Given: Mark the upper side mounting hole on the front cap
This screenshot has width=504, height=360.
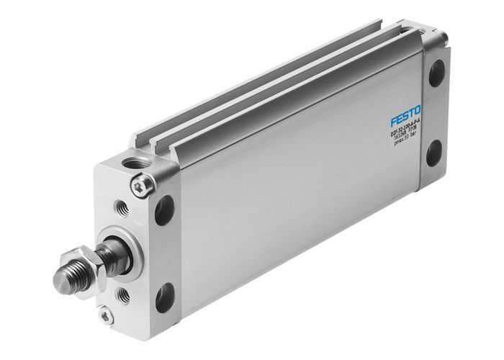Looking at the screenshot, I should pos(164,209).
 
